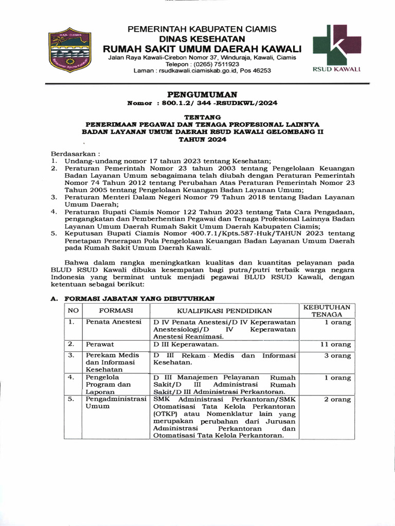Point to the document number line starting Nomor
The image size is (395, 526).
tap(202, 103)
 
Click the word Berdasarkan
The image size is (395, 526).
tap(70, 154)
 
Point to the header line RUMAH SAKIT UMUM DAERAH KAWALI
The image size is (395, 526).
tap(202, 48)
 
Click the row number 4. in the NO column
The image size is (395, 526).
tap(72, 378)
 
